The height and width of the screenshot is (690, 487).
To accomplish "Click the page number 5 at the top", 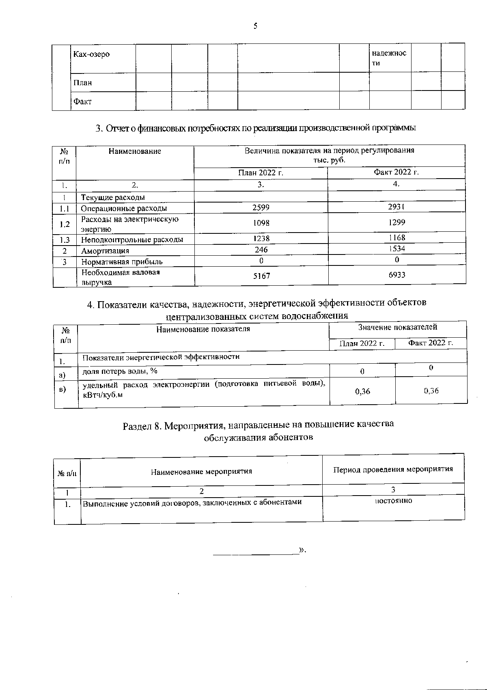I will tap(255, 26).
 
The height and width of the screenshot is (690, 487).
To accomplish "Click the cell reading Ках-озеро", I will tap(91, 54).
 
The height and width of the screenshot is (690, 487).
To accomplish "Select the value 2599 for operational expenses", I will tap(261, 208).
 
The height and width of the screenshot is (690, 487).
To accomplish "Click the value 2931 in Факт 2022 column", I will tap(396, 207).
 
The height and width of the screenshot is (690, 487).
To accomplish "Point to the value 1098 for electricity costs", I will tap(261, 223).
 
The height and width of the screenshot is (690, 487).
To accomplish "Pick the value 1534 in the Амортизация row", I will tap(396, 248).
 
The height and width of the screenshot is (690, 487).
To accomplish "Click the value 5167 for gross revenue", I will tap(261, 276).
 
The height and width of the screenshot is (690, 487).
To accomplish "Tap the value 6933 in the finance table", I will tap(396, 275).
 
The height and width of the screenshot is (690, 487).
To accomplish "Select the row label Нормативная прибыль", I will tap(122, 262).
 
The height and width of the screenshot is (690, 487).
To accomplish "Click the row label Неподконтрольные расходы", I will tap(132, 239).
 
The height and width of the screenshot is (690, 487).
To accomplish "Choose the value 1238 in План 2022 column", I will tap(261, 239).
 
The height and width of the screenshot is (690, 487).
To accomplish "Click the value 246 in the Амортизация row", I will tap(261, 250).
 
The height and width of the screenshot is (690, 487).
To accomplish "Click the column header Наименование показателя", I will tap(203, 329).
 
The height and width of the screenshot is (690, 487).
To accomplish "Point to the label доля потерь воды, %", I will tap(120, 371).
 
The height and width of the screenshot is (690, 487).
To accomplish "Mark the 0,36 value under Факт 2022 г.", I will tap(431, 390).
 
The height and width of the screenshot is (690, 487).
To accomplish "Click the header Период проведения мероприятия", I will tap(393, 469).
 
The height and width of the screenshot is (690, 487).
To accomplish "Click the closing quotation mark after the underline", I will tap(302, 550).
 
